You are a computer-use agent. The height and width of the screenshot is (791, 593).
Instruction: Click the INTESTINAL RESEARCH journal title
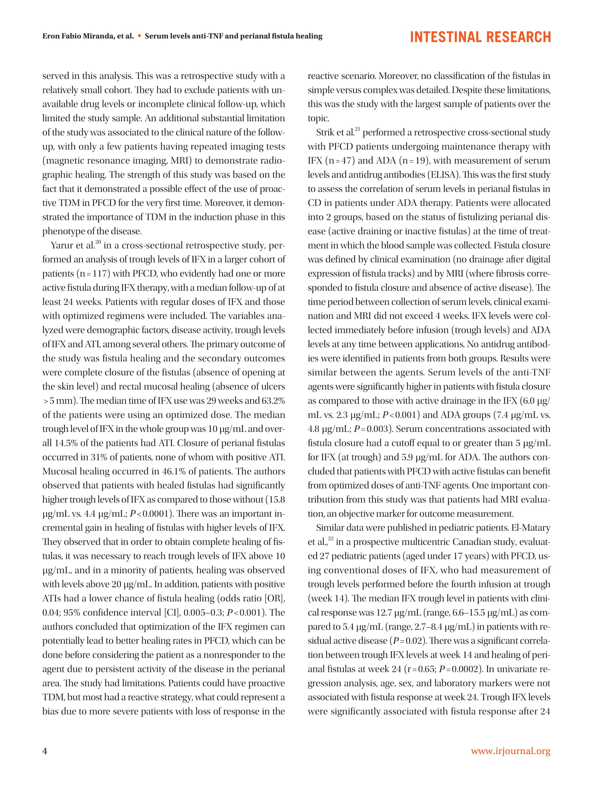tap(480, 37)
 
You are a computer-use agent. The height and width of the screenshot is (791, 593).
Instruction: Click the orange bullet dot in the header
tap(139, 36)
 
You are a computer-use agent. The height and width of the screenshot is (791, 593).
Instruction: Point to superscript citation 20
tap(98, 243)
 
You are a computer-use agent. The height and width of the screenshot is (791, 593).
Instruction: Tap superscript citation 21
tap(357, 130)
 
